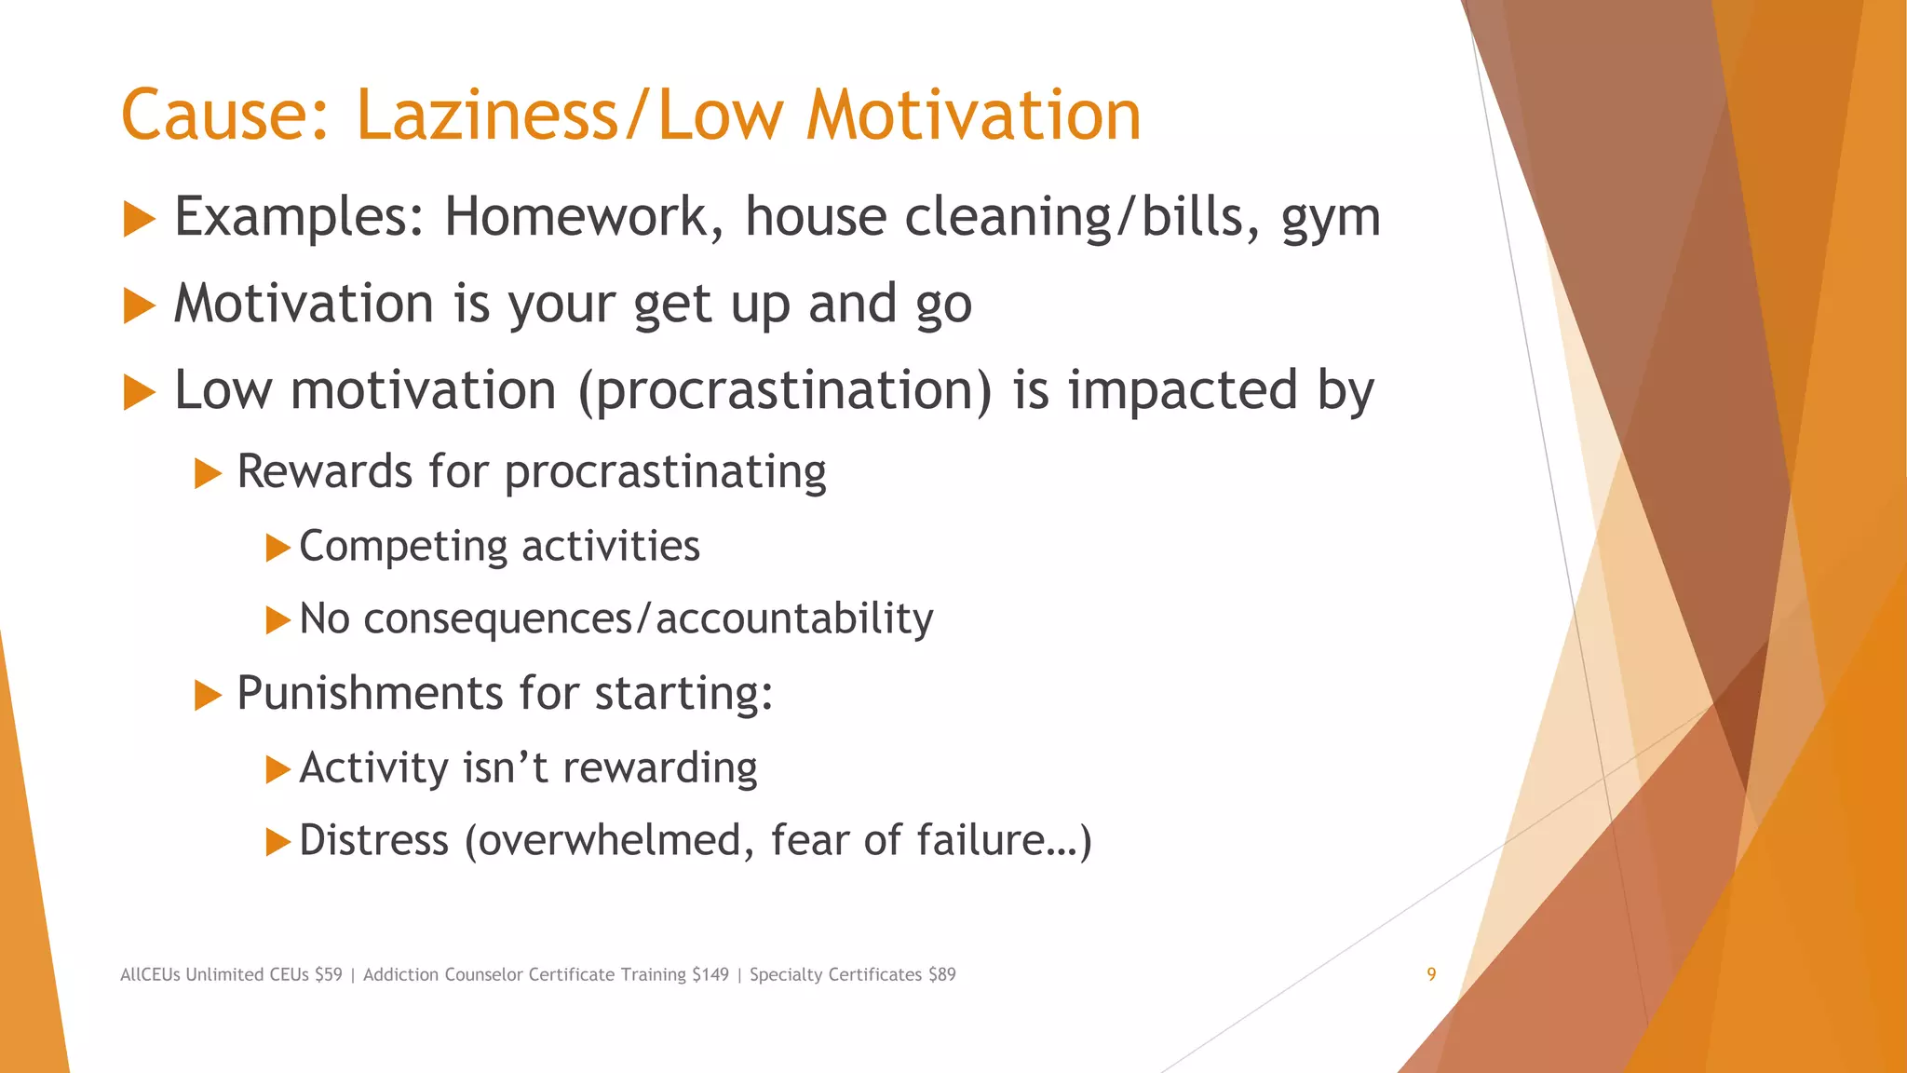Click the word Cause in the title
coord(224,115)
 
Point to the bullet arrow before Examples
coord(139,220)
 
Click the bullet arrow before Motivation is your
coord(139,306)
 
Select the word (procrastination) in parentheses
coord(785,391)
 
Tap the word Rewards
coord(324,471)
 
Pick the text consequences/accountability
coord(648,619)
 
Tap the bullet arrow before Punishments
coord(208,695)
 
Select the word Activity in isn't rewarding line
coord(374,768)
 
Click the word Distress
coord(374,840)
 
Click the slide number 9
coord(1431,974)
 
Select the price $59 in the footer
coord(328,975)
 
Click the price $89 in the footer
coord(941,975)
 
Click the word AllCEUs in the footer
coord(150,975)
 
